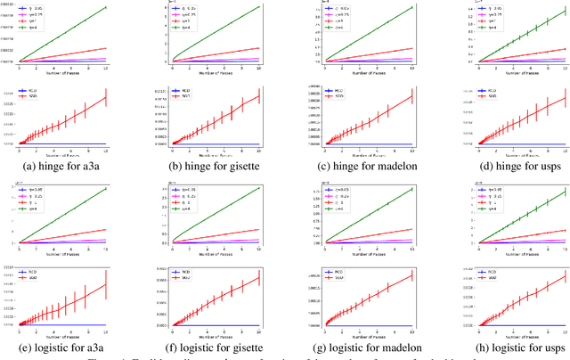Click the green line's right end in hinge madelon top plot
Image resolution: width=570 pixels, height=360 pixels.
pos(412,7)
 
